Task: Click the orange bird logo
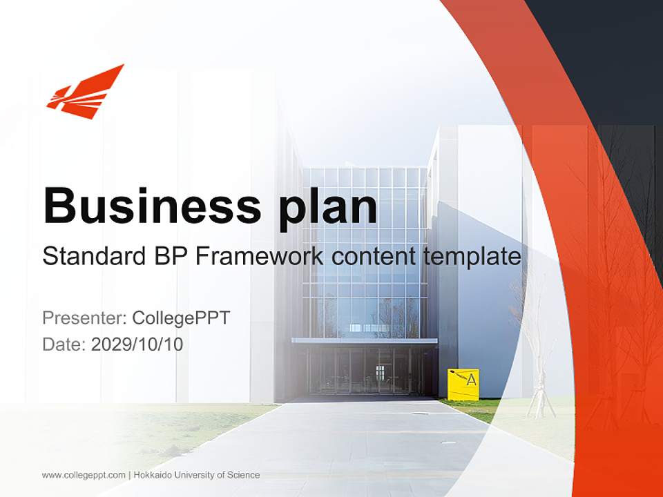(x=85, y=92)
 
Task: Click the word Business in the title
(x=150, y=205)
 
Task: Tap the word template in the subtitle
(x=471, y=257)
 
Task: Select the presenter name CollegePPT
(x=181, y=318)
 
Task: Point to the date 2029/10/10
(x=137, y=344)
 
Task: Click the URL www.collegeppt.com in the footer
(x=84, y=475)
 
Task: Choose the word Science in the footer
(x=245, y=475)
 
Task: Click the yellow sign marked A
(x=463, y=383)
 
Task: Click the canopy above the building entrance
(x=364, y=340)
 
